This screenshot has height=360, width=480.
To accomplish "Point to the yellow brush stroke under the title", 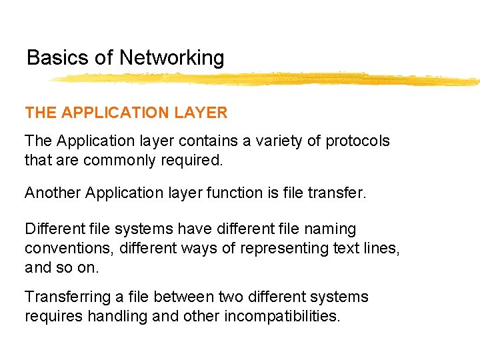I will coord(267,79).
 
